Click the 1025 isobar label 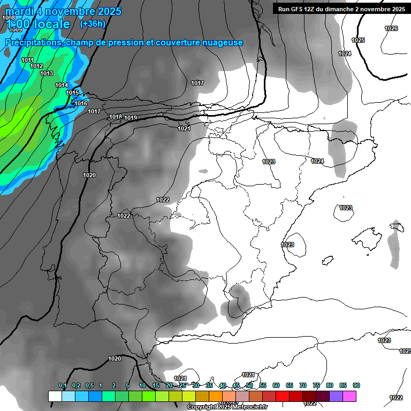point(358,40)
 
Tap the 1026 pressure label point(391,28)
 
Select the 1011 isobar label point(28,60)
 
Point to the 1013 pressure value point(47,73)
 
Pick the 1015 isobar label point(72,93)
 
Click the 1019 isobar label point(131,118)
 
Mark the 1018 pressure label point(116,117)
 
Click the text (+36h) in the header point(93,24)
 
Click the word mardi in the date point(18,11)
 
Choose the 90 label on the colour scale point(356,385)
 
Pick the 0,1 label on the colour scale point(63,385)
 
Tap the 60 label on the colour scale point(276,385)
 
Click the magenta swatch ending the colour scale point(349,396)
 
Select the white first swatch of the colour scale point(55,396)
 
